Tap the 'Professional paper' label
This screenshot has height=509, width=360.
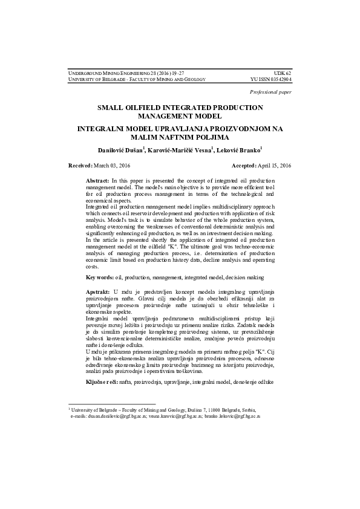point(270,92)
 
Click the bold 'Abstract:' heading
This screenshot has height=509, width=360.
point(98,181)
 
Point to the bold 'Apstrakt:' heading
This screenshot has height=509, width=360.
point(99,291)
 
